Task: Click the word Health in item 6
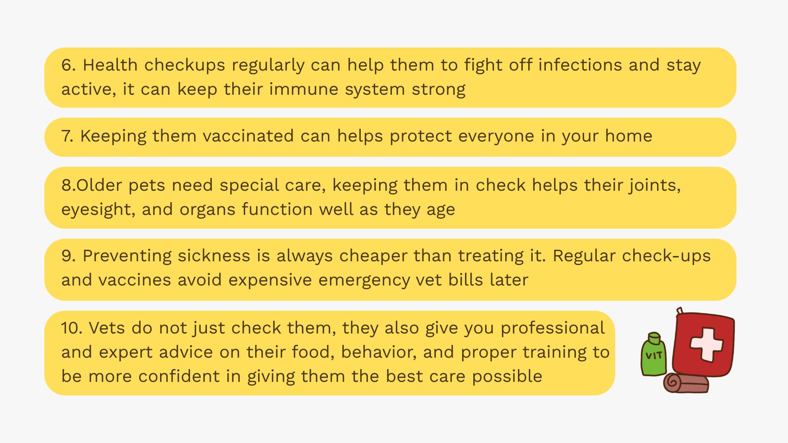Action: [110, 65]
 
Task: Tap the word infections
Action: [580, 65]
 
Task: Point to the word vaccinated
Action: [248, 136]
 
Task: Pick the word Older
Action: [99, 185]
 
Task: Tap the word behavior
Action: [378, 352]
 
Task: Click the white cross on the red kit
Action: [706, 344]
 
